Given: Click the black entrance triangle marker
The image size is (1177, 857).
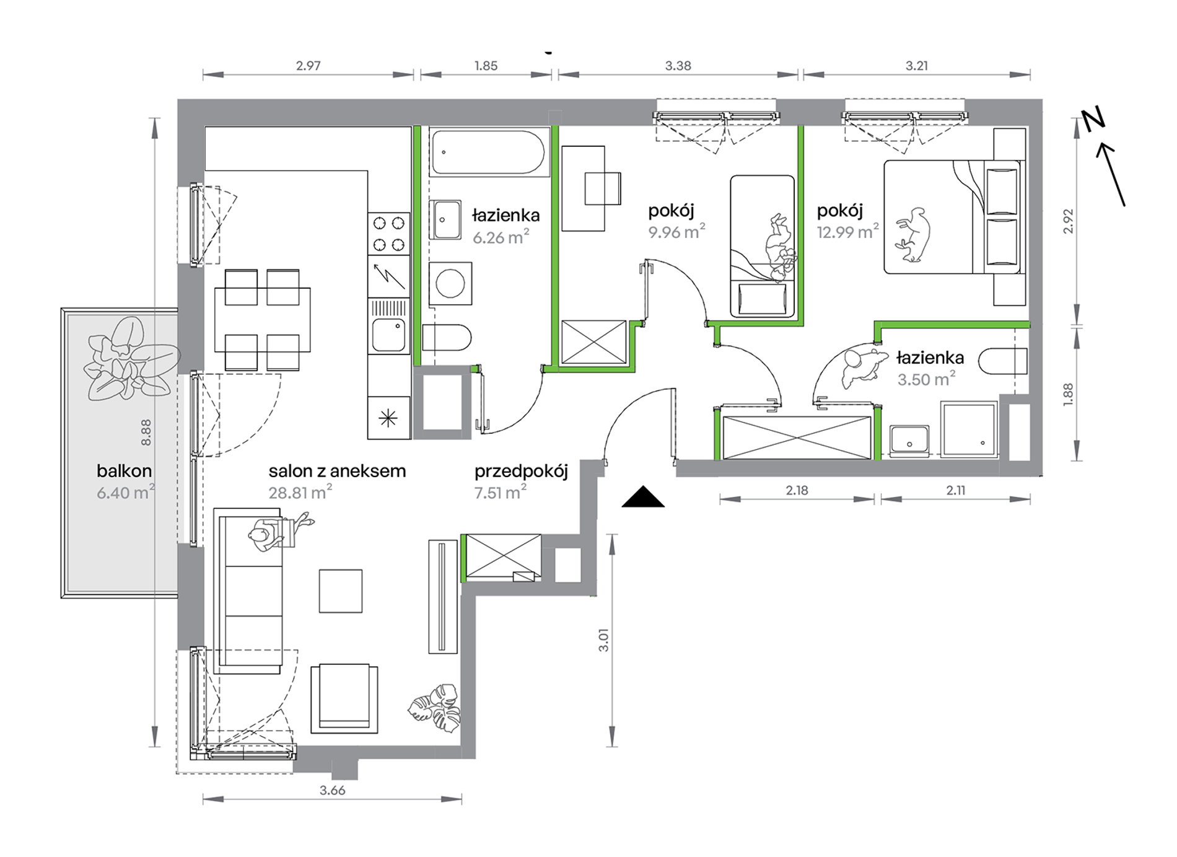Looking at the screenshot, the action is click(643, 497).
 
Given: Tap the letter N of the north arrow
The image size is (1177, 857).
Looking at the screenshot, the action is click(1094, 118).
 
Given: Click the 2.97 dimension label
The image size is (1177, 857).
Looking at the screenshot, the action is click(308, 66).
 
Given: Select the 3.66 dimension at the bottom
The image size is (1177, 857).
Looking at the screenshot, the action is click(333, 790).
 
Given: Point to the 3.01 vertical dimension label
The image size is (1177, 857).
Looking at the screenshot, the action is click(604, 640).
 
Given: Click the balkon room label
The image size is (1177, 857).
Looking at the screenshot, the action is click(124, 471).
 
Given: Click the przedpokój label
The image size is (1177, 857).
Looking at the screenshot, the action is click(521, 472).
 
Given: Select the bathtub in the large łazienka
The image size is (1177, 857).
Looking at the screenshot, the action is click(489, 152).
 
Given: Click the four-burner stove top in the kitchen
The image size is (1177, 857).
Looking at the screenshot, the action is click(389, 234).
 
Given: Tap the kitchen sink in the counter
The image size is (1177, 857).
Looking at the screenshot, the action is click(389, 334).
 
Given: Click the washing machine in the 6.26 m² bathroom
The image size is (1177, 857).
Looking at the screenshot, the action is click(450, 284).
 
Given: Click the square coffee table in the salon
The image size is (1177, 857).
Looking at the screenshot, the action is click(341, 591).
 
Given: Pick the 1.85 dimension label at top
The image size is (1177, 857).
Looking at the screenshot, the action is click(486, 66).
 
